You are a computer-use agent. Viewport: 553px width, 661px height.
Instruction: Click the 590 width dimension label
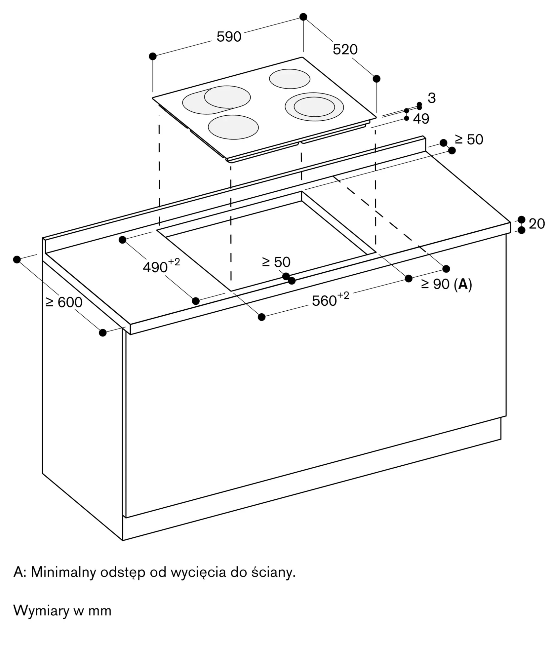coord(229,37)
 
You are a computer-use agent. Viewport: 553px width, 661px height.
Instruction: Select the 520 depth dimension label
coord(345,50)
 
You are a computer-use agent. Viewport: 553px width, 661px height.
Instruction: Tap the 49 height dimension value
coord(421,119)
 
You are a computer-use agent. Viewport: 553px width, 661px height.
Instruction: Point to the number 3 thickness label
coord(432,98)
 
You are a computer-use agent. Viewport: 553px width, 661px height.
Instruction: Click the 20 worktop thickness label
coord(537,224)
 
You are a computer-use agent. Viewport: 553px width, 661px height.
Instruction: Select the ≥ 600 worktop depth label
coord(64,302)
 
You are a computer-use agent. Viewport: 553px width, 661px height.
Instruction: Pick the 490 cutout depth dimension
coord(161,266)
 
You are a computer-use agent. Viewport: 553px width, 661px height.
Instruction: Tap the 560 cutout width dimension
coord(331,299)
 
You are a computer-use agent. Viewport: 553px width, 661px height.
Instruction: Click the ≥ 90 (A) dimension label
coord(447,285)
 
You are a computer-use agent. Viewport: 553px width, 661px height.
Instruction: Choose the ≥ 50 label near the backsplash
coord(469,140)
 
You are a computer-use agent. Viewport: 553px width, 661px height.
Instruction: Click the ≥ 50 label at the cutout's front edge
coord(276,262)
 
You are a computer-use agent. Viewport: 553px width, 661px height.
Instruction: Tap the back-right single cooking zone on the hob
coord(290,79)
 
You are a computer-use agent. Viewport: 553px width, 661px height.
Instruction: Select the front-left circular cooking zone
coord(233,127)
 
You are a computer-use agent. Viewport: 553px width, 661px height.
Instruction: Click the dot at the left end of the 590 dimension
coord(153,56)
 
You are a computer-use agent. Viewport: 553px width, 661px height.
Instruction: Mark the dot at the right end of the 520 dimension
coord(376,79)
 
